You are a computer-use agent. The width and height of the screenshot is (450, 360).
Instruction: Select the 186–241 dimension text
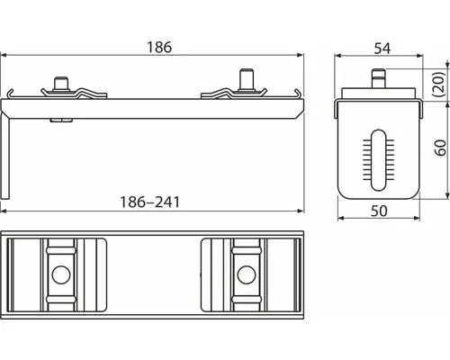(x=152, y=202)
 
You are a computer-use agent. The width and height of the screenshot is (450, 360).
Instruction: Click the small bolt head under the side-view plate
(x=58, y=118)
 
